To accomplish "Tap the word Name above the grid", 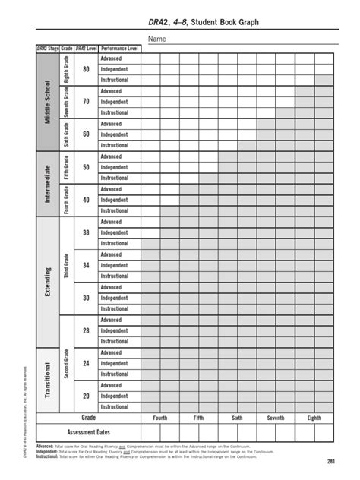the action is click(156, 39).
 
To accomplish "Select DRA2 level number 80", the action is click(86, 69).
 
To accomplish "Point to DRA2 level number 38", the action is click(86, 232).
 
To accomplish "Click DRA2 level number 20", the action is click(86, 396).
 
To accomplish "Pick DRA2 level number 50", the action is click(86, 167).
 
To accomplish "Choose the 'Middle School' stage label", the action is click(49, 102).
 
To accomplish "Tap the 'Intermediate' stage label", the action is click(49, 183).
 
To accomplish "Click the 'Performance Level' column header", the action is click(119, 48).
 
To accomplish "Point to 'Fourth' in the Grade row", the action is click(160, 418).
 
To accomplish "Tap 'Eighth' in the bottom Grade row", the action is click(314, 418).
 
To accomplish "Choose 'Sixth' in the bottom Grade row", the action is click(237, 418).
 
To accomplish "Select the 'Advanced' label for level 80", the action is click(111, 58).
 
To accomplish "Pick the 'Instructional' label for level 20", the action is click(115, 406).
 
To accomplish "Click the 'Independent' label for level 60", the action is click(115, 134).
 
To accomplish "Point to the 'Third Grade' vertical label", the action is click(67, 265).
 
